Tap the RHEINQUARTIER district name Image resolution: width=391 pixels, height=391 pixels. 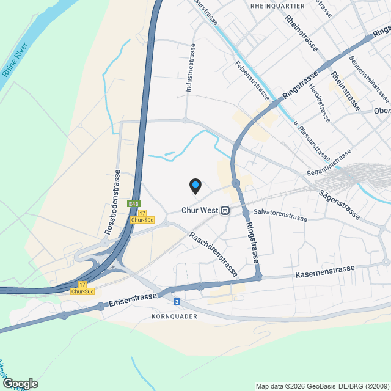pos(277,5)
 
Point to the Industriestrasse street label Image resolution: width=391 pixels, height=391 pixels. pos(191,68)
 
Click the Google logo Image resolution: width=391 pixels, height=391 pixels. pos(20,383)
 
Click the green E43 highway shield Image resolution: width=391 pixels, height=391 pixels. pos(133,203)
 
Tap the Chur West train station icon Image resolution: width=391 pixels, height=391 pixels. pos(225,210)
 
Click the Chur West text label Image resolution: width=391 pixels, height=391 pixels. pos(200,210)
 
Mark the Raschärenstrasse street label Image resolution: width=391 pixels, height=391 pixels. pos(213,255)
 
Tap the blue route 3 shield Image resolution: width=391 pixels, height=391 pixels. pos(177,301)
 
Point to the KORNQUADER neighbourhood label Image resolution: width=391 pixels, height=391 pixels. pos(173,317)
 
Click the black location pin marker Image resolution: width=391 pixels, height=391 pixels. pos(195,186)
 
